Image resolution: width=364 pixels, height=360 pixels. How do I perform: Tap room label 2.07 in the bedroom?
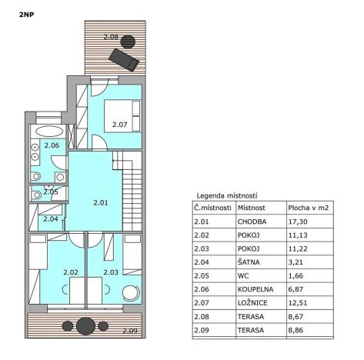pos(119,124)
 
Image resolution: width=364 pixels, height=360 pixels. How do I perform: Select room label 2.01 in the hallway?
pos(100,203)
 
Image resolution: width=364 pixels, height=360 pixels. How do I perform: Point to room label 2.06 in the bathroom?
pos(51,145)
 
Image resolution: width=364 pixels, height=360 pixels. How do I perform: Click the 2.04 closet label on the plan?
pos(51,219)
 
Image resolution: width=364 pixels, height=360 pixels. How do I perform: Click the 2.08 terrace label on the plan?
pos(111,37)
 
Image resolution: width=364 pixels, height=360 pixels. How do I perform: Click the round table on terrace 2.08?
pos(129,41)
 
